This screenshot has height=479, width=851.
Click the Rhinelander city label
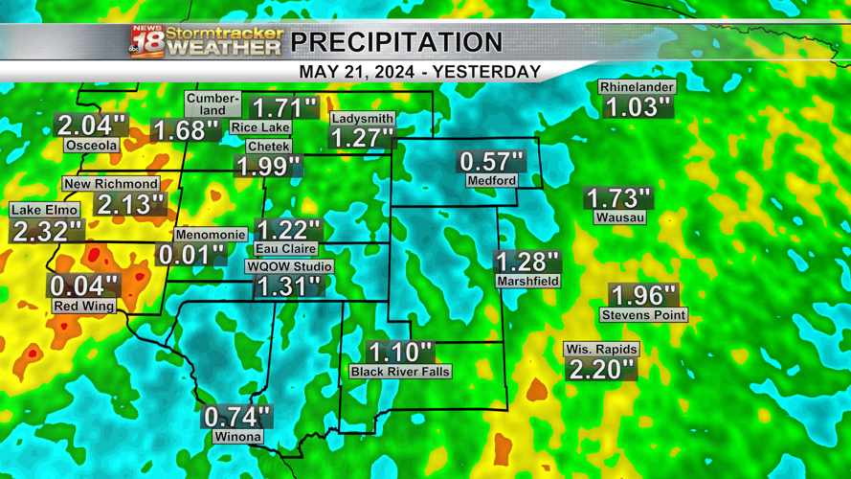637,87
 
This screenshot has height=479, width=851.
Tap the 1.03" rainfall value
637,107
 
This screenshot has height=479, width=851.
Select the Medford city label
492,180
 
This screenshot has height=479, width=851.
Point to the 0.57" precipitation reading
492,161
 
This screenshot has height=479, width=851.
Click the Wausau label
619,217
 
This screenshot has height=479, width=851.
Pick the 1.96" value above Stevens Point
643,295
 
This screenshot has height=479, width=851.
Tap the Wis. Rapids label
600,350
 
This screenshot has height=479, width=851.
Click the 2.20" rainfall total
601,370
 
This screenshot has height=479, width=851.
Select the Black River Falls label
400,372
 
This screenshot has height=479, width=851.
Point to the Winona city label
237,437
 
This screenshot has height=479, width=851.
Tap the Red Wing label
84,306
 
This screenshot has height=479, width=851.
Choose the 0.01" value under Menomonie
190,255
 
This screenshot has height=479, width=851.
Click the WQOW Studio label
289,266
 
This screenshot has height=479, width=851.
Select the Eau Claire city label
286,248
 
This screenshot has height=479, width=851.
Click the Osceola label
92,146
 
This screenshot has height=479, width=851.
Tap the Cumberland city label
213,104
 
